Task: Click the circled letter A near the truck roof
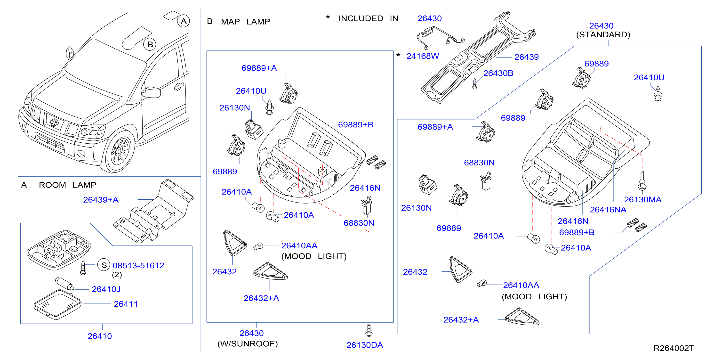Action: click(184, 21)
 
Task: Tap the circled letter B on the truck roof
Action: click(150, 44)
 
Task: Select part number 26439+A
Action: click(101, 200)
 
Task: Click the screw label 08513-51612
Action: click(138, 266)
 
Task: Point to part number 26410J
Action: click(106, 289)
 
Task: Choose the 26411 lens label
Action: click(126, 304)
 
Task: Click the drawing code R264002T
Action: click(674, 348)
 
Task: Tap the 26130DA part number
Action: click(365, 345)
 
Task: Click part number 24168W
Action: click(423, 56)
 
